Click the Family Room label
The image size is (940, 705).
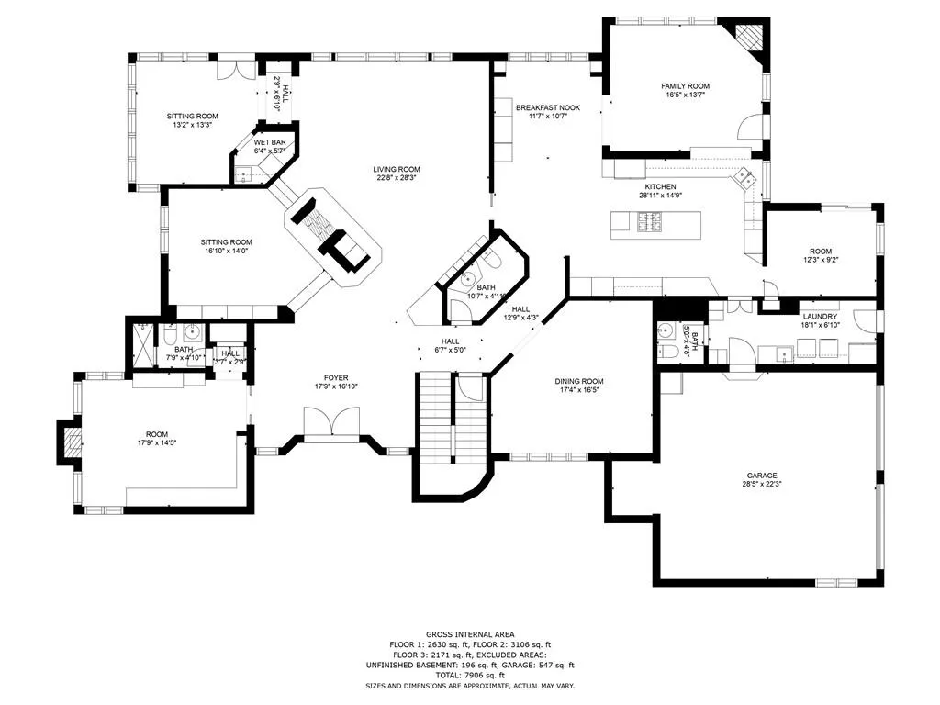tap(686, 86)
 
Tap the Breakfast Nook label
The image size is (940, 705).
tap(549, 106)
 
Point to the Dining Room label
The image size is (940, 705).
tap(579, 381)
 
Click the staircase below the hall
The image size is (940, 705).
tap(437, 413)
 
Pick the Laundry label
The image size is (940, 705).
tap(819, 316)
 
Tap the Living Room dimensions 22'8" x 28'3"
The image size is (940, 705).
tap(397, 178)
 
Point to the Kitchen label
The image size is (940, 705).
tap(660, 186)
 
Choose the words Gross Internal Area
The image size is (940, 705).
tap(469, 634)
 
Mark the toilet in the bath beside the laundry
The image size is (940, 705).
tap(669, 351)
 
